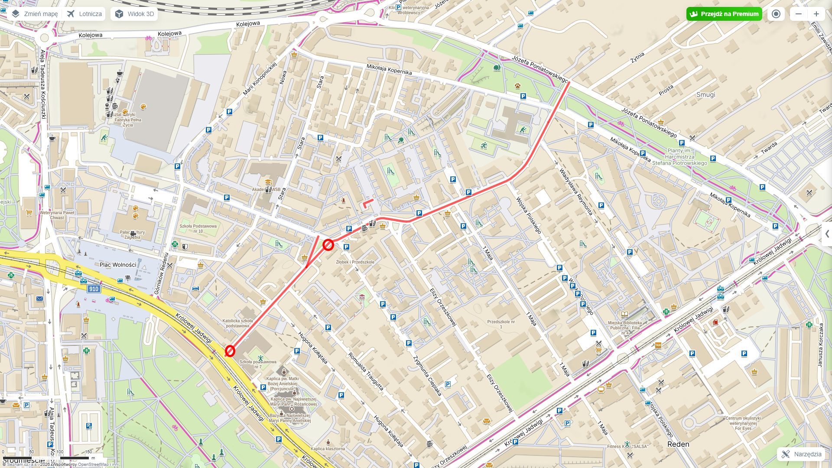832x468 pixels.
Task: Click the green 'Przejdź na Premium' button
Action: point(724,14)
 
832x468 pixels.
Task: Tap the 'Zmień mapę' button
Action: point(35,14)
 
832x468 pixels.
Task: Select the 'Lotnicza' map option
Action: point(85,14)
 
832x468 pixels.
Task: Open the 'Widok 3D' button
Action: point(134,14)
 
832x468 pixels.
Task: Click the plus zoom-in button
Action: point(816,14)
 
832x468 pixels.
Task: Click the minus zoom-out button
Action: point(799,14)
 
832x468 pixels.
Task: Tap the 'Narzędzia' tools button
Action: point(801,454)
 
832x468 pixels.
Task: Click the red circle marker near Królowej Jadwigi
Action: point(230,351)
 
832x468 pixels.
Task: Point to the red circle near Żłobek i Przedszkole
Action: point(328,245)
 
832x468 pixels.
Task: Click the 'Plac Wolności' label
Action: point(118,265)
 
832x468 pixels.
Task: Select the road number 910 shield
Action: point(93,289)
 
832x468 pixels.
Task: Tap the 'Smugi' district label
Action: point(705,94)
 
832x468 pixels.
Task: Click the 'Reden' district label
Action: point(678,444)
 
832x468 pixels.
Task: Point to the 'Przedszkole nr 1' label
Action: point(501,324)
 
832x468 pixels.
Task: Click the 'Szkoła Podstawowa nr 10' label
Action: point(198,228)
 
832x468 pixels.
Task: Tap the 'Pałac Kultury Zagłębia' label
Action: point(132,234)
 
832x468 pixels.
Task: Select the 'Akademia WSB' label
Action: point(265,190)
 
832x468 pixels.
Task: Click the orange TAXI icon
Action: point(658,345)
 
